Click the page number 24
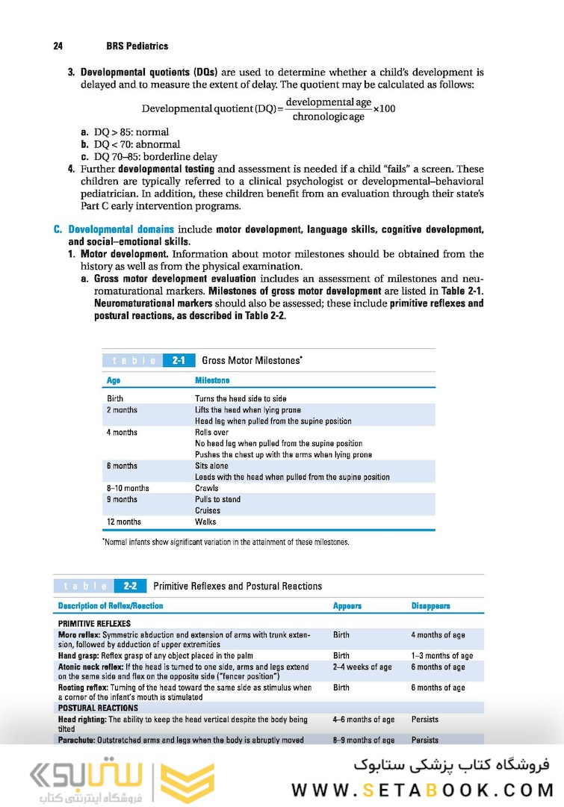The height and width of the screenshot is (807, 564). coord(58,46)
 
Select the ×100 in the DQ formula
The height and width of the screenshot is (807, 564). coord(385,109)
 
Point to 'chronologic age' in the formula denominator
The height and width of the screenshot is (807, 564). coord(329,117)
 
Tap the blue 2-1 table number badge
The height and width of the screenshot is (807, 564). coord(179,360)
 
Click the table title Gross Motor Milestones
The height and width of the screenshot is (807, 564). coord(252,360)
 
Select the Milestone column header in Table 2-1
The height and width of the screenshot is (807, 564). coord(212,380)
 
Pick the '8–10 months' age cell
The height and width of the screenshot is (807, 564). coord(128,488)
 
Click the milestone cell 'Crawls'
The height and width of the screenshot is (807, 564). coord(206,488)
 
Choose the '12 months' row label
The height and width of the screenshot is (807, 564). coord(124,522)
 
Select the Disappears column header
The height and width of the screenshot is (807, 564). coord(431,606)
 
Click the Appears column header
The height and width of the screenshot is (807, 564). coord(347,606)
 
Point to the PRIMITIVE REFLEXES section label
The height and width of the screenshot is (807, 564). coord(94,623)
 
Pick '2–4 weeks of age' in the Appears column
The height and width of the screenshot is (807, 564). coord(362,667)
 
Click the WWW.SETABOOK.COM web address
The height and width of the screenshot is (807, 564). coord(422,790)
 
